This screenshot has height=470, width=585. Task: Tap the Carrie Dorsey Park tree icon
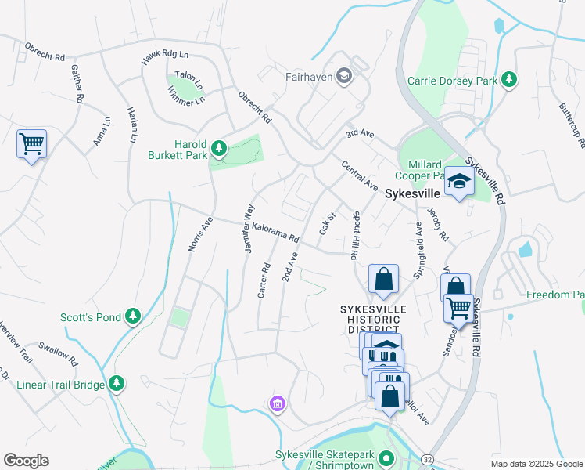point(509,80)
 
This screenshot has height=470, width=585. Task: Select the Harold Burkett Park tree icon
point(220,147)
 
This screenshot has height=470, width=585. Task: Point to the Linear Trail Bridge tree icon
point(117,382)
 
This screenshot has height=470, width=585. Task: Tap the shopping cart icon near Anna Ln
point(32,144)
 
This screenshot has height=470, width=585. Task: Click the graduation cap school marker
point(459,183)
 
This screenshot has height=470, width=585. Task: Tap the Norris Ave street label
point(200,234)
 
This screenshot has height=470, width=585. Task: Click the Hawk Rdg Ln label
point(166,56)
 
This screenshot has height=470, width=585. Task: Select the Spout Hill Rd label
point(355,235)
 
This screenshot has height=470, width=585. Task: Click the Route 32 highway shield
point(425,457)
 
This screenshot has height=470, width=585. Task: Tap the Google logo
point(26,461)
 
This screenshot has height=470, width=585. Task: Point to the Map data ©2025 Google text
point(536,464)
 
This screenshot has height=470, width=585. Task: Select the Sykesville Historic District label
point(373,319)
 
